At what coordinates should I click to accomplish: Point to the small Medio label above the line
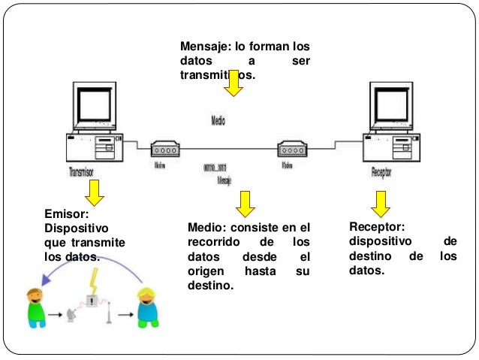[217, 119]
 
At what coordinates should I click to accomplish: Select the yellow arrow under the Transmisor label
[94, 195]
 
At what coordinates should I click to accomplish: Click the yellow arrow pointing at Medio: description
[245, 202]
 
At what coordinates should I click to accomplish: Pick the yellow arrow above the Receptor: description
[381, 202]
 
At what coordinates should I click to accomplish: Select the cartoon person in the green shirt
[35, 307]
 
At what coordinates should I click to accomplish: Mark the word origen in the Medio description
[206, 271]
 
